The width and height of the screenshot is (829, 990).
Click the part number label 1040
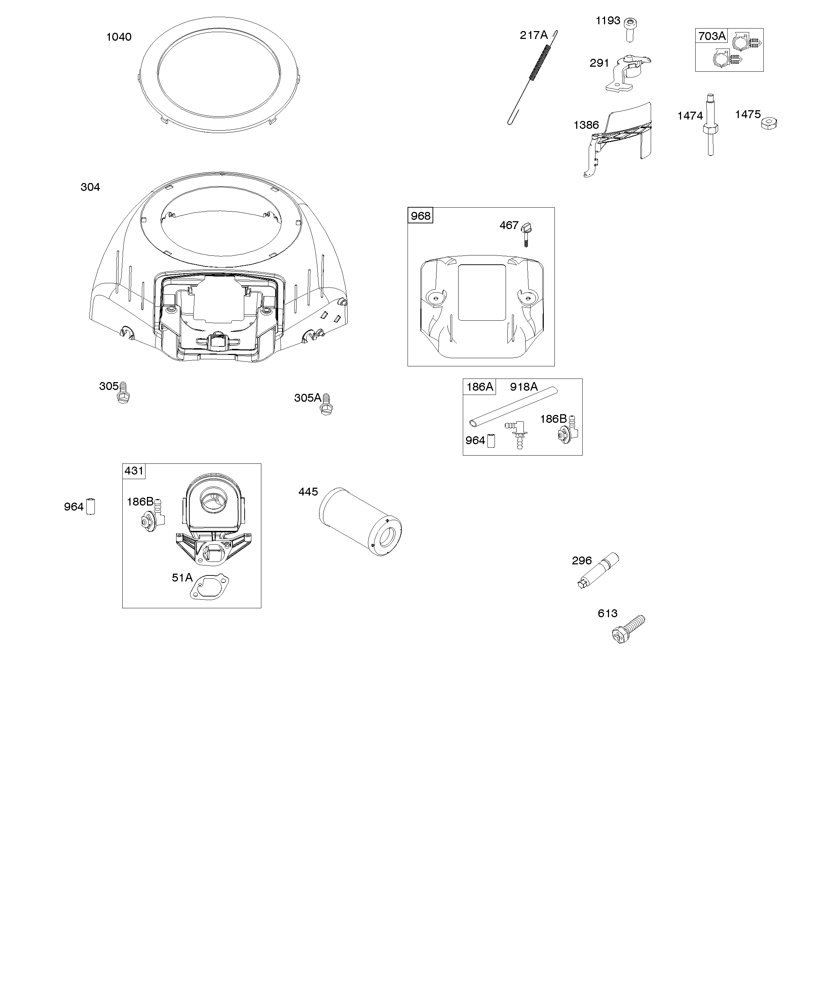119,37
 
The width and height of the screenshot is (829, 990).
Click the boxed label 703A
712,36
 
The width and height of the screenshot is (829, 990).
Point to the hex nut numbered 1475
769,123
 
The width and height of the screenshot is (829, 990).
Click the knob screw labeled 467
526,234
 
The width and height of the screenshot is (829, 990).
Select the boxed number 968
420,216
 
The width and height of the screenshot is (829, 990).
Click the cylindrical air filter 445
360,521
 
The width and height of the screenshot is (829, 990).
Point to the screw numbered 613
628,629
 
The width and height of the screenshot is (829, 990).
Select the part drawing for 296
598,570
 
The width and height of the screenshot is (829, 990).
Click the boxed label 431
134,471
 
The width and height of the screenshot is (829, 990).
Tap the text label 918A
523,387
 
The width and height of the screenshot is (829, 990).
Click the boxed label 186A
479,387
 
